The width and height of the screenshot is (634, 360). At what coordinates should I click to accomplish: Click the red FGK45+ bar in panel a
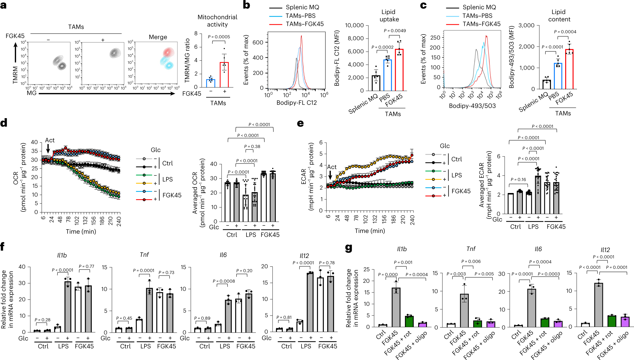[224, 75]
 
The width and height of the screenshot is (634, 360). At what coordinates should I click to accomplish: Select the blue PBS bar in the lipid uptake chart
[387, 75]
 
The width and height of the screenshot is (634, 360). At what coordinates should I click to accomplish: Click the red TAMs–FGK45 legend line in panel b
[275, 24]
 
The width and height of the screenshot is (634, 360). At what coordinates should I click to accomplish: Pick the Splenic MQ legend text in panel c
[479, 7]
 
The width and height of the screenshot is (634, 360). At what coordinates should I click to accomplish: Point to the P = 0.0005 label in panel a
[219, 37]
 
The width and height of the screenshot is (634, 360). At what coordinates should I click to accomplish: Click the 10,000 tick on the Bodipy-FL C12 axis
[354, 25]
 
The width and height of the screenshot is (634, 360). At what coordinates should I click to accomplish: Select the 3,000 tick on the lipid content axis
[526, 25]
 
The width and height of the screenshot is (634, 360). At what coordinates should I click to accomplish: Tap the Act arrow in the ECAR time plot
[330, 175]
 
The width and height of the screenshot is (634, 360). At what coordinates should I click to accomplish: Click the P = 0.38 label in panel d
[252, 147]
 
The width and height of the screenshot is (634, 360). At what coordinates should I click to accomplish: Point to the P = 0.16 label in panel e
[518, 180]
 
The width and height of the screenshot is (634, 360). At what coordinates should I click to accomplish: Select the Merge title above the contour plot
[158, 37]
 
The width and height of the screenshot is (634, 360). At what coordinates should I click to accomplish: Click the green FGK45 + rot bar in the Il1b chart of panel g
[409, 321]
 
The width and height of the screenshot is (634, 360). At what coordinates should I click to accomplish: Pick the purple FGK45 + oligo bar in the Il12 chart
[625, 321]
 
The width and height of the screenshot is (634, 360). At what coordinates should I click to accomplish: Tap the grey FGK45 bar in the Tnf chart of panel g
[464, 310]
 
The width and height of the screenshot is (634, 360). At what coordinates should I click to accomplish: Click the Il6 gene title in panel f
[223, 255]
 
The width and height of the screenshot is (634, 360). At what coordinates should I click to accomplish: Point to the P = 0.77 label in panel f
[86, 266]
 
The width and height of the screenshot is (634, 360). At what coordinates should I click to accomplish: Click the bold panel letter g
[348, 248]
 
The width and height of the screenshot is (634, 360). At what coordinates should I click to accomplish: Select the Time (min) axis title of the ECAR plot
[370, 231]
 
